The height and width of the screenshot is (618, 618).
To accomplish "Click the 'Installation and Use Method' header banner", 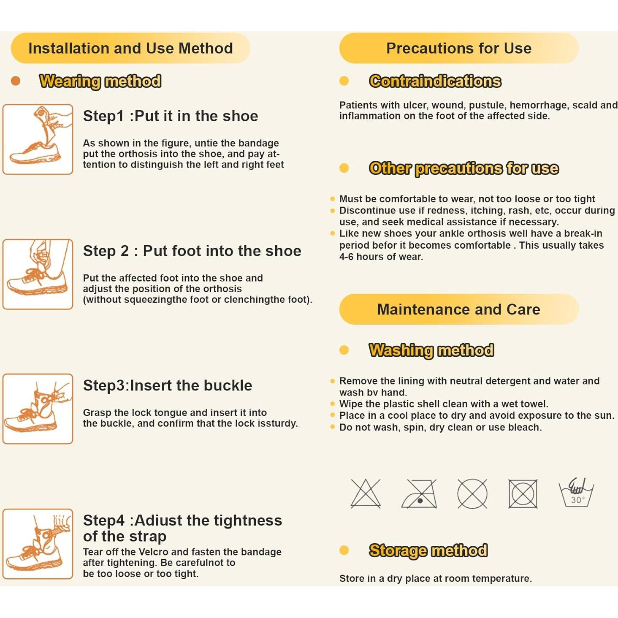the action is tap(130, 48).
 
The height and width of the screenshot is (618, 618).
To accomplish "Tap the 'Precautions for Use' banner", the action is tap(459, 48).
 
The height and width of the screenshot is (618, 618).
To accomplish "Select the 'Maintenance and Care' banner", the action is tap(459, 309).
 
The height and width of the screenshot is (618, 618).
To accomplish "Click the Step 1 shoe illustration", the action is tap(38, 139).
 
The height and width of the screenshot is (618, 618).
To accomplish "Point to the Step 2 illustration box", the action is tap(38, 274).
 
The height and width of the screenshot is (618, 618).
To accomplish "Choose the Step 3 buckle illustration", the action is tap(38, 409).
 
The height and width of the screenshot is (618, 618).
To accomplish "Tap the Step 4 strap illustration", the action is tap(38, 544).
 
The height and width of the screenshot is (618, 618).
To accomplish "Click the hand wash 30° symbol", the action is tap(576, 493).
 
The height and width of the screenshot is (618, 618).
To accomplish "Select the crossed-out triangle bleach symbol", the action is tap(366, 493).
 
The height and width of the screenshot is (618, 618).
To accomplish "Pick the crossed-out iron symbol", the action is tap(419, 493).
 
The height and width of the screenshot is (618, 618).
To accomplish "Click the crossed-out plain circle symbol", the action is tap(472, 493).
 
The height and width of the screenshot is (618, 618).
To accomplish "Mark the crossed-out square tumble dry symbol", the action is tap(523, 494).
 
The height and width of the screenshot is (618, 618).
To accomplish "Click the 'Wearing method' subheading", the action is tap(100, 81).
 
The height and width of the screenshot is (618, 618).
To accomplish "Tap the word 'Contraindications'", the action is tap(435, 81).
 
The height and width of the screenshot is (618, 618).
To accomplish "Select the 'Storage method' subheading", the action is tap(428, 550).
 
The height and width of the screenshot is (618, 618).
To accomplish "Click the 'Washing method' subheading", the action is tap(431, 350).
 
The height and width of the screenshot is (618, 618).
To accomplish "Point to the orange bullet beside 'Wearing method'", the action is tap(15, 81).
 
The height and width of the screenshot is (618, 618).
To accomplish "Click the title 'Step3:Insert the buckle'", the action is tap(168, 385).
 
